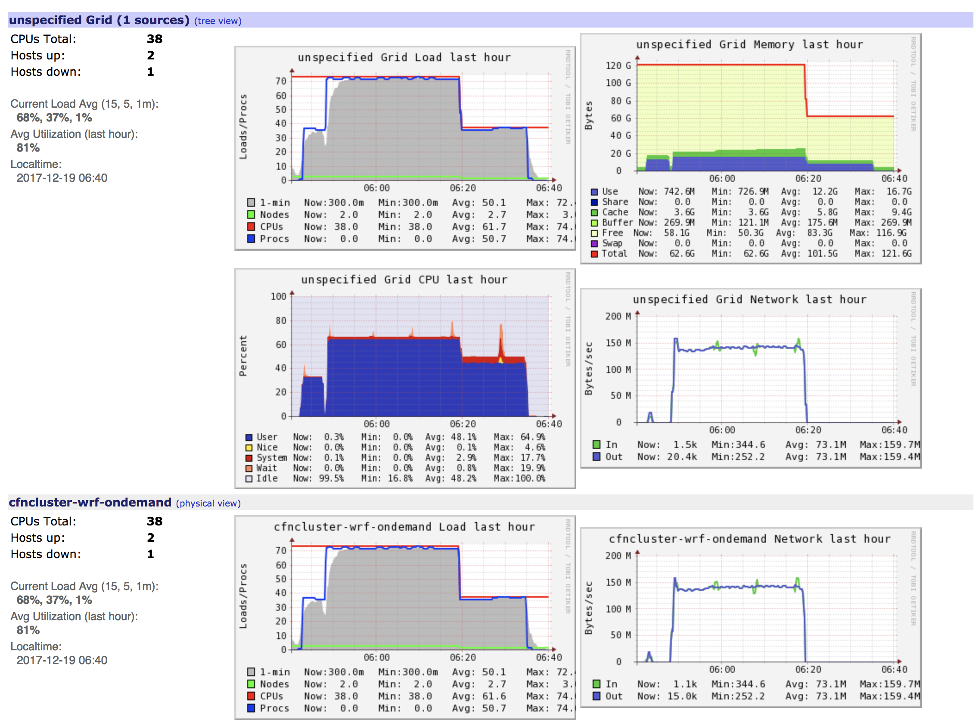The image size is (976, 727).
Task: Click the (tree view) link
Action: [x=218, y=21]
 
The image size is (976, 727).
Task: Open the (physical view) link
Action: [x=208, y=503]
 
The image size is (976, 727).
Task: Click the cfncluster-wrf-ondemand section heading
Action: [x=90, y=502]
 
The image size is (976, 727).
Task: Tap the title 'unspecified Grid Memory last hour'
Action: [x=749, y=44]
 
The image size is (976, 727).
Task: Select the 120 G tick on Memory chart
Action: [x=618, y=65]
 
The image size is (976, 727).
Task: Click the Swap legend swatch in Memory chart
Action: [x=594, y=243]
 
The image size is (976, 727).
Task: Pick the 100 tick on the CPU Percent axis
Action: [x=278, y=297]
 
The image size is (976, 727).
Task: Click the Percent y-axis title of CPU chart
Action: [x=243, y=356]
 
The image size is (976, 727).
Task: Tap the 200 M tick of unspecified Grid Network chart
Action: [x=617, y=316]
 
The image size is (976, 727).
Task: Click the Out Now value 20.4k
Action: [x=682, y=457]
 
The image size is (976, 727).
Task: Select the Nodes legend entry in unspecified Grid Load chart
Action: [x=274, y=215]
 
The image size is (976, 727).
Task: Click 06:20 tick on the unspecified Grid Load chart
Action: [x=463, y=188]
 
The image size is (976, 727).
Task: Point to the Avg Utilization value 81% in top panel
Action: [x=28, y=148]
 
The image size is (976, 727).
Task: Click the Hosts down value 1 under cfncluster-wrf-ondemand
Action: [x=150, y=554]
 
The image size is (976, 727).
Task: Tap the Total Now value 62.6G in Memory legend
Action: [x=682, y=254]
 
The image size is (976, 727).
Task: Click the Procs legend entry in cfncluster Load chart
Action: [x=274, y=708]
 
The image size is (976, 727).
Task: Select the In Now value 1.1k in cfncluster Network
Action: [x=685, y=684]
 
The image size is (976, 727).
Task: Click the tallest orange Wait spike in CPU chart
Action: [x=501, y=335]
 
